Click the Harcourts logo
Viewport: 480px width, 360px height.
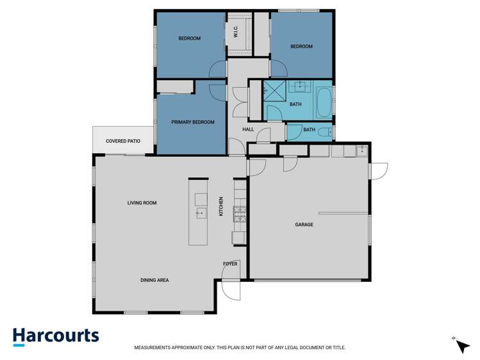coord(56,336)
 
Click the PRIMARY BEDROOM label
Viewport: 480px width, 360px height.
coord(192,122)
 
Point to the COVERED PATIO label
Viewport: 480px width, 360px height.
coord(123,140)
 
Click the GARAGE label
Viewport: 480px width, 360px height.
coord(304,224)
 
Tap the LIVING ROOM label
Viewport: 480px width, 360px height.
coord(142,203)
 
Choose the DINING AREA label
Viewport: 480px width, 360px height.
coord(154,280)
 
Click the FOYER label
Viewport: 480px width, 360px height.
coord(230,263)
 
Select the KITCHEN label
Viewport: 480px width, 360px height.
coord(221,206)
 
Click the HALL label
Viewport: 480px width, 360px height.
coord(248,129)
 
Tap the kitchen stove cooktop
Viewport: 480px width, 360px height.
coord(240,214)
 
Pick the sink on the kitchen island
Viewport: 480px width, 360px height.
coord(199,213)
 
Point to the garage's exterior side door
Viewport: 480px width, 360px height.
coord(379,171)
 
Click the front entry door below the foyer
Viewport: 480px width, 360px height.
coord(231,291)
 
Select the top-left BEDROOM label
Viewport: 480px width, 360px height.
coord(189,38)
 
